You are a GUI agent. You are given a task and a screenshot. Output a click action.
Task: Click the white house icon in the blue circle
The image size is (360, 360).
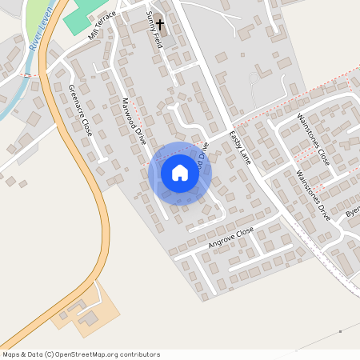pyautogui.click(x=180, y=173)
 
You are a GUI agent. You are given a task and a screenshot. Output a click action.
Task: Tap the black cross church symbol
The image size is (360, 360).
pyautogui.click(x=159, y=25)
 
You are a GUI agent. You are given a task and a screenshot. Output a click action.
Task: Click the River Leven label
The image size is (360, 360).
pyautogui.click(x=35, y=36)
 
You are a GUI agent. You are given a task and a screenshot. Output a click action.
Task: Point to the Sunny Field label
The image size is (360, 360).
pyautogui.click(x=153, y=31)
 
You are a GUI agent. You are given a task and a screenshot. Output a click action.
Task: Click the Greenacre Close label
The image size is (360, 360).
pyautogui.click(x=81, y=110)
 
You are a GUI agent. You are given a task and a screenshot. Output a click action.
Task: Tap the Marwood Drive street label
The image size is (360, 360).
pyautogui.click(x=132, y=121)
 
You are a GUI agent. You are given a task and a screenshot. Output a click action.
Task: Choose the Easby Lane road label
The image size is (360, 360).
pyautogui.click(x=240, y=148)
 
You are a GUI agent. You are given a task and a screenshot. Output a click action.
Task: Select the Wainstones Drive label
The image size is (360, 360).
pyautogui.click(x=313, y=194)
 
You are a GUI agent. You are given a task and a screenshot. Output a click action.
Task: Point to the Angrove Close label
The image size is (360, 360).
pyautogui.click(x=230, y=237)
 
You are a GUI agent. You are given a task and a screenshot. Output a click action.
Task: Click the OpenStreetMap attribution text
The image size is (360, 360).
pyautogui.click(x=81, y=354)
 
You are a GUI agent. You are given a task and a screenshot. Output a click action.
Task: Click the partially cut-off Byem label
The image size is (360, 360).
pyautogui.click(x=352, y=213)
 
